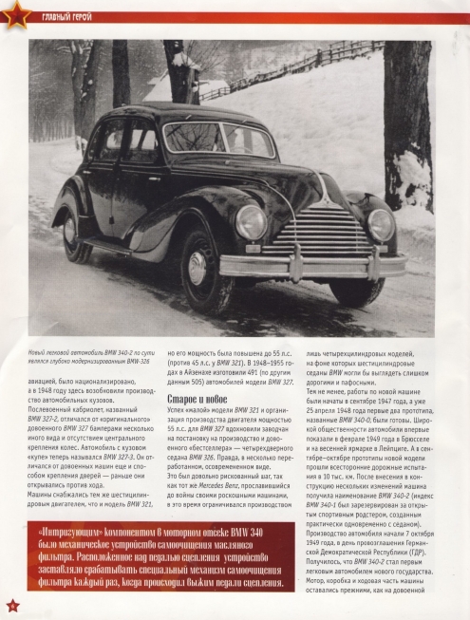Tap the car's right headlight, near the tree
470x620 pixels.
(380, 224)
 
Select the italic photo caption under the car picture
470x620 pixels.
(87, 358)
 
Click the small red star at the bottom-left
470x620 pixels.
(12, 606)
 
